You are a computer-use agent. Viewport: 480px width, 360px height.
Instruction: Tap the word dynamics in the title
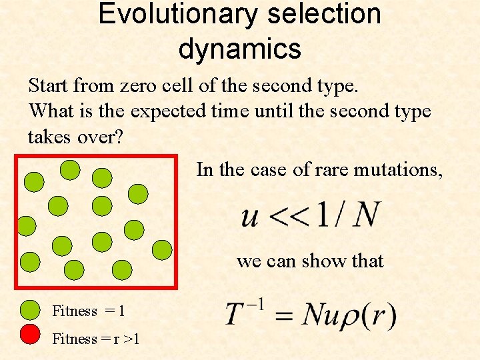[x=240, y=49]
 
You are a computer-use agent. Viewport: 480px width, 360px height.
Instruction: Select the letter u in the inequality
[x=250, y=216]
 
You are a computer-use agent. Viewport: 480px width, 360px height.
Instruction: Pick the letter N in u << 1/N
[x=366, y=215]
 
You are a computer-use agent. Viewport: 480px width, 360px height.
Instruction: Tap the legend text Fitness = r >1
[x=96, y=339]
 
